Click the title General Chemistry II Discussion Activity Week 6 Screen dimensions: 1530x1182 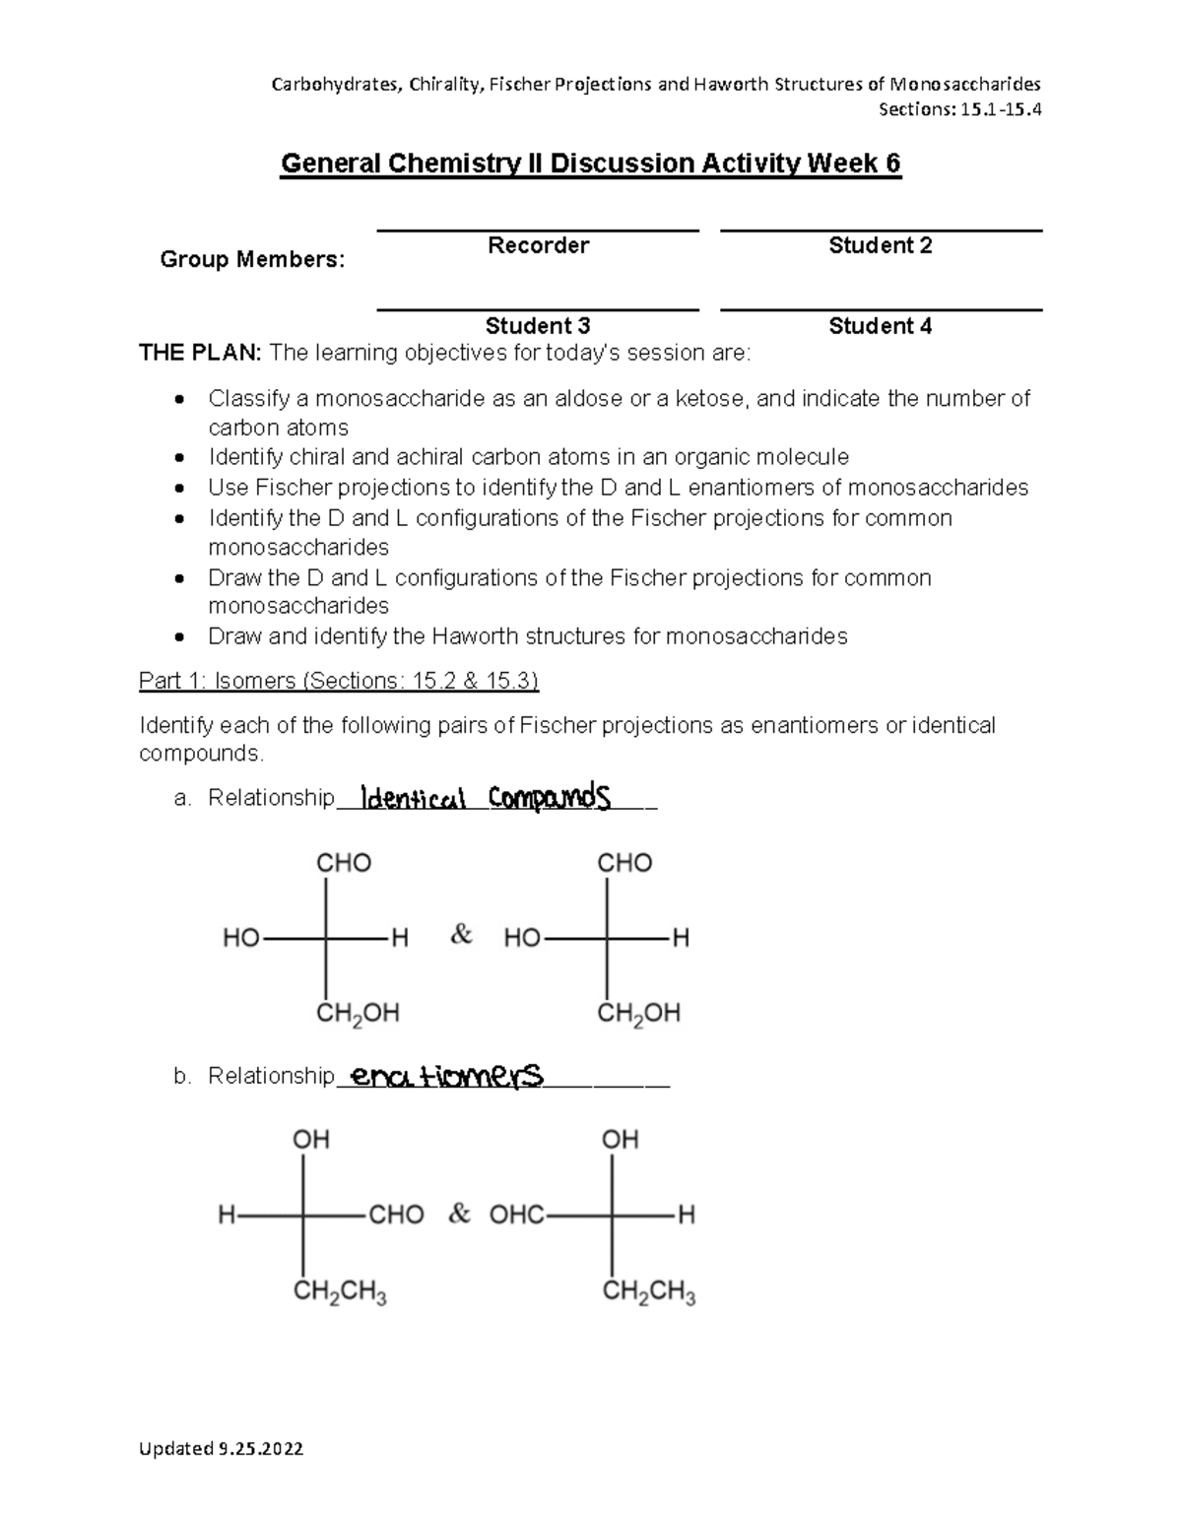click(591, 163)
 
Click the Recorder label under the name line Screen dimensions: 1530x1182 click(538, 245)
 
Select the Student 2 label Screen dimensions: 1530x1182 click(880, 245)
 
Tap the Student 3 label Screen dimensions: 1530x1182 click(538, 326)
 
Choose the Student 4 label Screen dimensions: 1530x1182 click(880, 326)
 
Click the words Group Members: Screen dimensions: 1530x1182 click(252, 260)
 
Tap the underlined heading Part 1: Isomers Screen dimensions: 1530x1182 click(338, 681)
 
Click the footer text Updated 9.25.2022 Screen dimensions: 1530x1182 click(221, 1448)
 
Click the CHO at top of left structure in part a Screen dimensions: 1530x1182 click(343, 863)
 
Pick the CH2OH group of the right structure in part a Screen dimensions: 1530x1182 click(638, 1014)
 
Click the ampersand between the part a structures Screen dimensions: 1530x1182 click(461, 935)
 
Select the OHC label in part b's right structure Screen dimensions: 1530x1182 click(516, 1215)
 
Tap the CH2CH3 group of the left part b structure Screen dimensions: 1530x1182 click(340, 1293)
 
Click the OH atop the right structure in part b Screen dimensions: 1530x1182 click(620, 1140)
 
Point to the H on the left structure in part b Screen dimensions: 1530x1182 click(227, 1216)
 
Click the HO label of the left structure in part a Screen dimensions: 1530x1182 click(240, 938)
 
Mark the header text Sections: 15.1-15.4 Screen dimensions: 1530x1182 click(959, 109)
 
